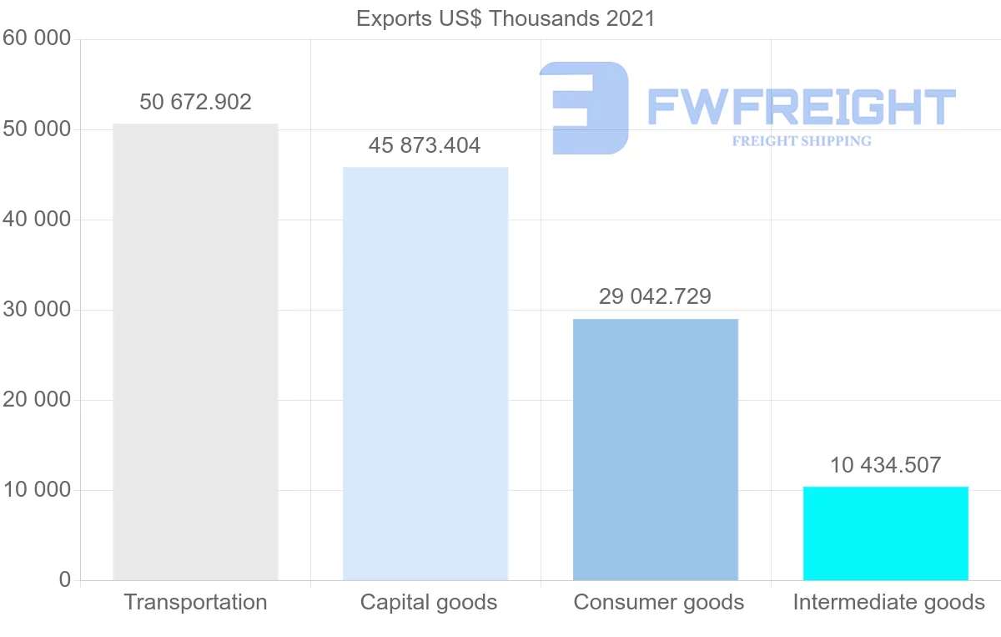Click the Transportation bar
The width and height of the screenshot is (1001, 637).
coord(195,351)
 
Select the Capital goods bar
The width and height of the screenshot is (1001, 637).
coord(425,373)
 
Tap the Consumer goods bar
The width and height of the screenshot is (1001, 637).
coord(656,449)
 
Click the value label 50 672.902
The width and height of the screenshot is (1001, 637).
coord(195,103)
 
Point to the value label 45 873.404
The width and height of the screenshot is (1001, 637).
coord(425,146)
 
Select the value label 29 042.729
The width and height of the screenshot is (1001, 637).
coord(655,296)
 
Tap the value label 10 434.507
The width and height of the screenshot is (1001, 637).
coord(885,465)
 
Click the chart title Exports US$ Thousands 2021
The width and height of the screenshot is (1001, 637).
coord(506,18)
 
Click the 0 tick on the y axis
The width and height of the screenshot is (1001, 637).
coord(65,580)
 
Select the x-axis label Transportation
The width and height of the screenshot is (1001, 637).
coord(195,602)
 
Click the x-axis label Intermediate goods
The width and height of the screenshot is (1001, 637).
coord(888,602)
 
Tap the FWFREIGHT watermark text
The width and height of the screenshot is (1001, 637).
coord(801,107)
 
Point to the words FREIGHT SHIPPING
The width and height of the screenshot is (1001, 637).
coord(802,141)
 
